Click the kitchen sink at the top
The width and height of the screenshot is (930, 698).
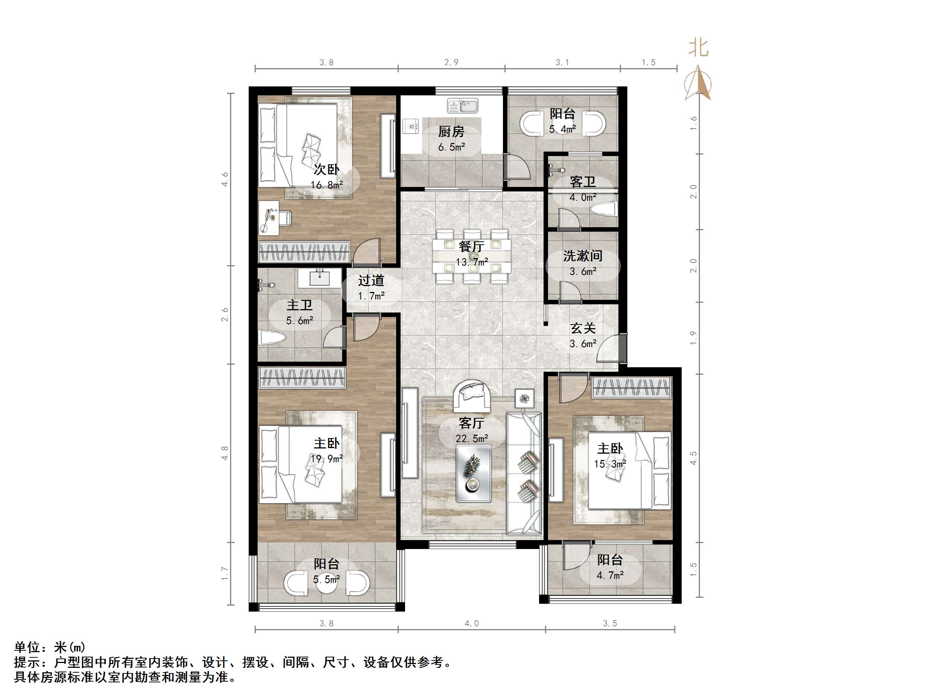(x=462, y=106)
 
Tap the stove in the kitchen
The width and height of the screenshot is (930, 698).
(x=411, y=126)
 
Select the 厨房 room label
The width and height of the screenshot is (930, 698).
(x=451, y=132)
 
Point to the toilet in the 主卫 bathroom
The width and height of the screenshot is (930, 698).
(x=273, y=338)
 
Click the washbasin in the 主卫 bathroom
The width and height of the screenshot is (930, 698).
(x=319, y=278)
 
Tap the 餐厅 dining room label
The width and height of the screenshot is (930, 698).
(x=471, y=247)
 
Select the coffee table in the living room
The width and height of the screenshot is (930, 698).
(x=474, y=474)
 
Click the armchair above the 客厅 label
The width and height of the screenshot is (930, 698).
(x=471, y=396)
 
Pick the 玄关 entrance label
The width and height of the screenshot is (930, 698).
(x=583, y=328)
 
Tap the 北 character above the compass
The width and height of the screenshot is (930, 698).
(x=698, y=48)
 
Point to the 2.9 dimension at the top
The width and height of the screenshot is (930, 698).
(x=451, y=63)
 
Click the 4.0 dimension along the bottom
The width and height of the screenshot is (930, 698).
(x=471, y=624)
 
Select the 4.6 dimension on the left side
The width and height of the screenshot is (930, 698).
(x=225, y=179)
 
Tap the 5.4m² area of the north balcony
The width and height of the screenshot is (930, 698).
(x=562, y=129)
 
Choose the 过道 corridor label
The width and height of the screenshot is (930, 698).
(x=371, y=280)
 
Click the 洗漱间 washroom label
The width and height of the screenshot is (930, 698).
(x=583, y=256)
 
